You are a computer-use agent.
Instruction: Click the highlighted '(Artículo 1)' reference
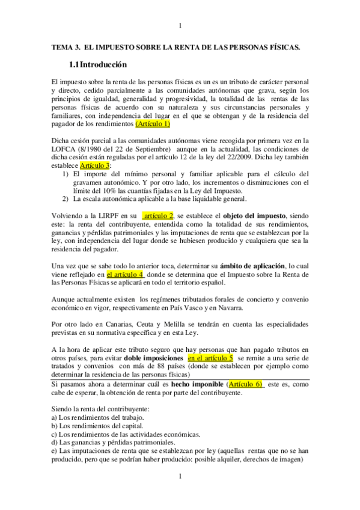click(x=153, y=123)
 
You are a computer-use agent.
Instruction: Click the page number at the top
click(x=180, y=25)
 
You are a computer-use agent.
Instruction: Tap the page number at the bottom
click(x=180, y=477)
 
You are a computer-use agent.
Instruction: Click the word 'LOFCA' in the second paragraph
click(x=64, y=149)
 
